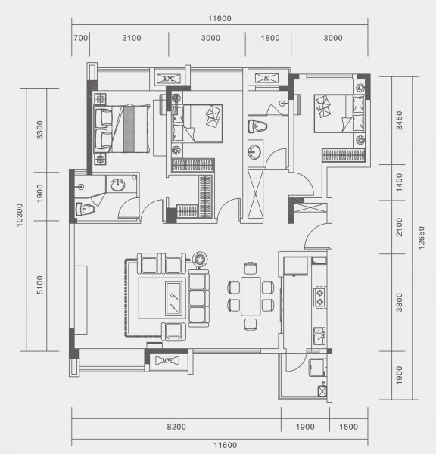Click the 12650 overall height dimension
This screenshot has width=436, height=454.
pos(421,238)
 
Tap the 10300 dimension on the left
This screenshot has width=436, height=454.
pos(19,215)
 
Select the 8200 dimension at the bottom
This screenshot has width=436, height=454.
pos(176,427)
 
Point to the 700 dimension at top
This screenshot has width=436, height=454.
pos(80,38)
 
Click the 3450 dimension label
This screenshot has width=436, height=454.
pos(399,120)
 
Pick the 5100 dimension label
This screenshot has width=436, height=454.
pos(39,285)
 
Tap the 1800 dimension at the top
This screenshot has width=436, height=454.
pos(270,38)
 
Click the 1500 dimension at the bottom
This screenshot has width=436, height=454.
pos(348,427)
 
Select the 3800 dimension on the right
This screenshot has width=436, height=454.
pos(399,302)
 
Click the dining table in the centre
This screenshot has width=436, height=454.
pos(251,296)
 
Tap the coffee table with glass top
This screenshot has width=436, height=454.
pos(173,298)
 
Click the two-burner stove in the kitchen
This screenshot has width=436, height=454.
pos(319,297)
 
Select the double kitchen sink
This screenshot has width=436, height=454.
pos(319,336)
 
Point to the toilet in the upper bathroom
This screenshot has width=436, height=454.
pos(257,126)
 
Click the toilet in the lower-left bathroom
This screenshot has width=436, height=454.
pos(86,209)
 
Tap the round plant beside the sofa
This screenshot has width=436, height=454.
pos(200,259)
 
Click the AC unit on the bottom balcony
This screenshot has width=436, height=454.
pos(167,361)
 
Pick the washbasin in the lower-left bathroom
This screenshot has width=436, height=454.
pos(118,185)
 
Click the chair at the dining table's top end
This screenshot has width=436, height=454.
pos(251,268)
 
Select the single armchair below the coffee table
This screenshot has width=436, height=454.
pos(173,331)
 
